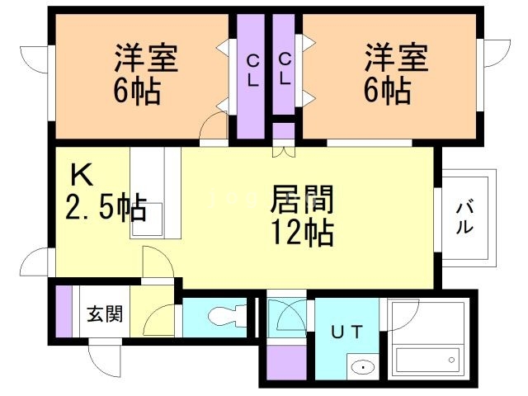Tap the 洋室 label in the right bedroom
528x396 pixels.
(397, 59)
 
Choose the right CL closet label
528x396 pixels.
(283, 69)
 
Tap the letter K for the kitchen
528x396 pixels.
(81, 175)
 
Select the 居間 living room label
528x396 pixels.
(302, 200)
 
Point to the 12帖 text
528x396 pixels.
(302, 233)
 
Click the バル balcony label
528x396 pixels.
(465, 217)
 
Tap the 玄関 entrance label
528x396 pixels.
(105, 314)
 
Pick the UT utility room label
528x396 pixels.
(346, 332)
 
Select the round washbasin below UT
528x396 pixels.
(361, 367)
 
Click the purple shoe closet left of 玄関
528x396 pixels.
(63, 313)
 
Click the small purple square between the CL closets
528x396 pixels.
(283, 131)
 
